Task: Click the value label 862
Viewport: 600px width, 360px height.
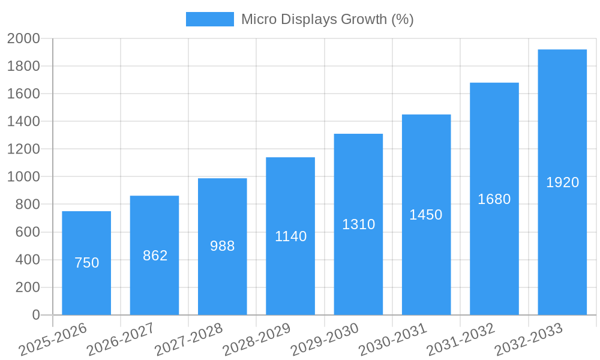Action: click(x=155, y=256)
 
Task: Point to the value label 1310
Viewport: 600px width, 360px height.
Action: click(x=358, y=224)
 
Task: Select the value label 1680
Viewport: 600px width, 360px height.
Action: click(x=494, y=199)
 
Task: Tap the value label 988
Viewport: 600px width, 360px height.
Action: click(x=222, y=246)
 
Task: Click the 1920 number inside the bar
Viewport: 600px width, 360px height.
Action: click(x=562, y=182)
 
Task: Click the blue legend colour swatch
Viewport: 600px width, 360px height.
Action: click(x=209, y=19)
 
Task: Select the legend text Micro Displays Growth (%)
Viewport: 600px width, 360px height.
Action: click(x=327, y=19)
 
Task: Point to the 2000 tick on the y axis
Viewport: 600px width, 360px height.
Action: click(x=23, y=39)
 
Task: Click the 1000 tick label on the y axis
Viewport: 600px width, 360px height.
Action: click(x=23, y=177)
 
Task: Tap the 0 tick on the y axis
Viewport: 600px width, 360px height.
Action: click(x=36, y=315)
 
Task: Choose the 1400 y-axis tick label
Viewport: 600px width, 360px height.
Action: click(x=23, y=122)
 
